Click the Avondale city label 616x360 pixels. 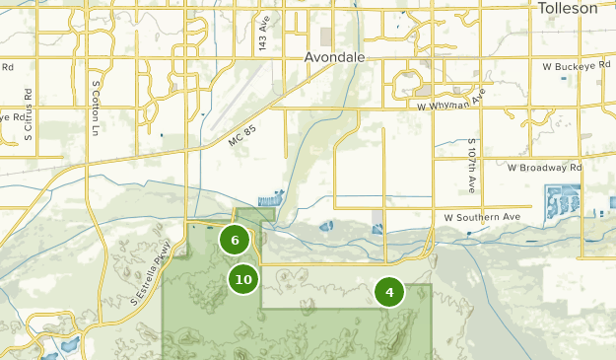[x=334, y=57]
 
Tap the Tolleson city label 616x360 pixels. [x=568, y=8]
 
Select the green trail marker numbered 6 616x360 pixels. [x=235, y=240]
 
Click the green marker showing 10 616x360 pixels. [x=243, y=279]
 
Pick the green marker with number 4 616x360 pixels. [x=389, y=292]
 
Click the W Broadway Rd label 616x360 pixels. [x=545, y=168]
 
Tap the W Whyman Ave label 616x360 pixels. [x=451, y=102]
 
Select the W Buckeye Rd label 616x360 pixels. [x=579, y=67]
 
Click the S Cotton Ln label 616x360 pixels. [x=96, y=108]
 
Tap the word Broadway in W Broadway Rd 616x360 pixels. [x=544, y=168]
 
